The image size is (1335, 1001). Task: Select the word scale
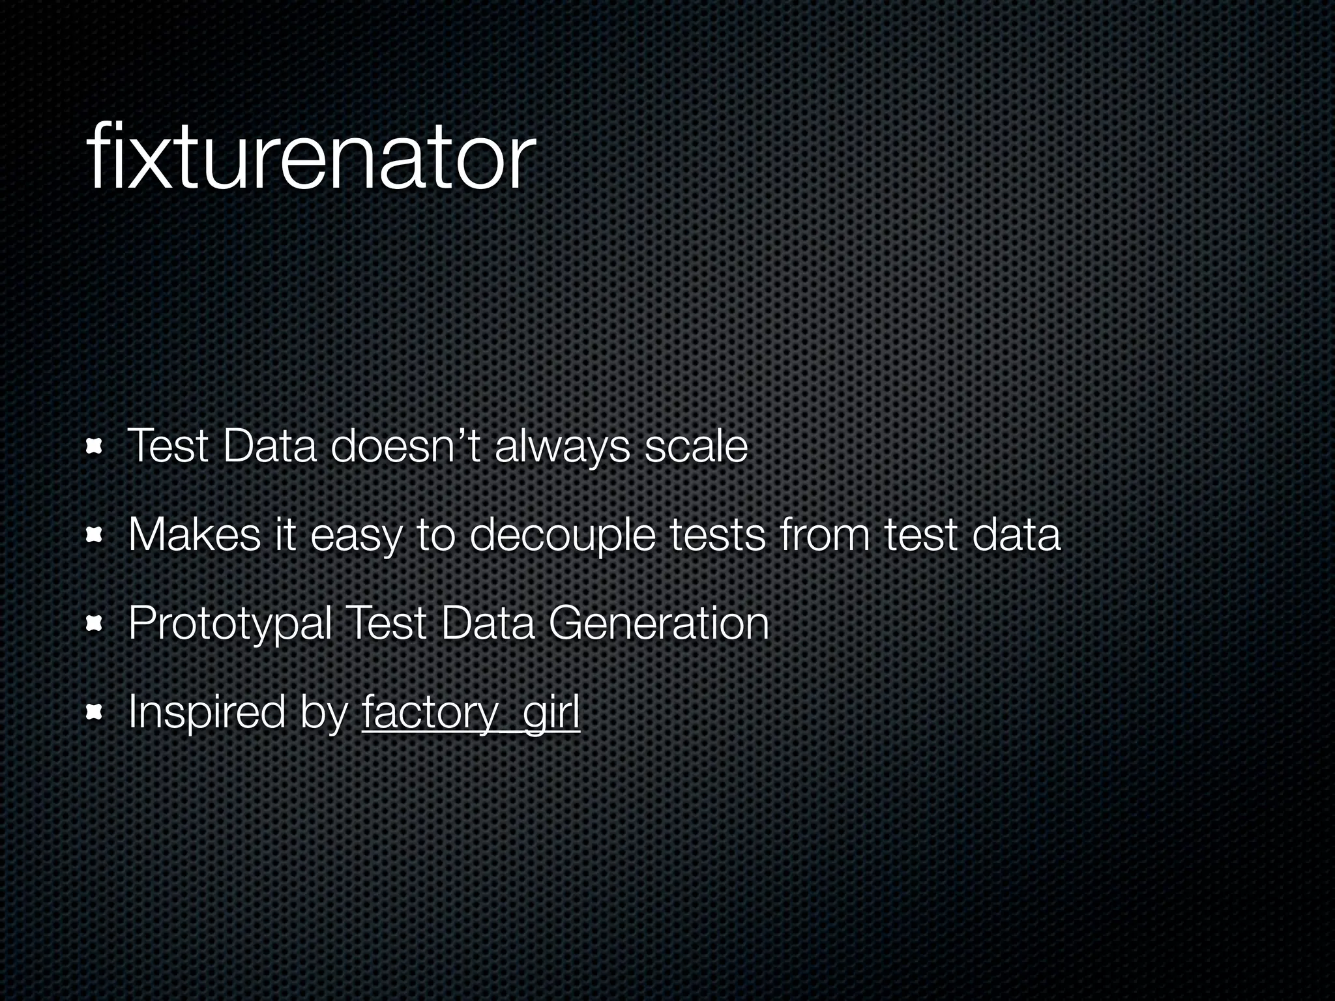(696, 447)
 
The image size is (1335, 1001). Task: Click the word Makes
(194, 535)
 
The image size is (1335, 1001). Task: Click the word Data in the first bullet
(269, 447)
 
